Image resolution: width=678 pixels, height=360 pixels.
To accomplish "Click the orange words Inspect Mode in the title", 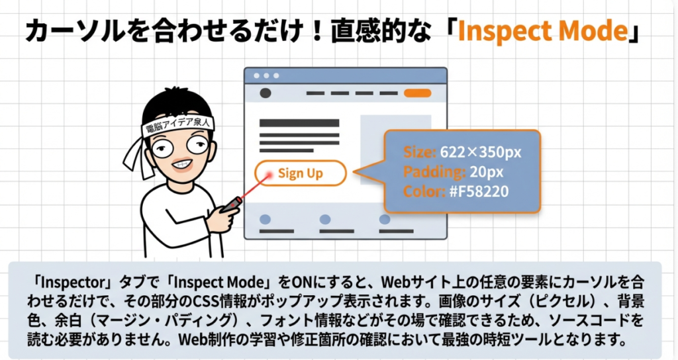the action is coord(542,31).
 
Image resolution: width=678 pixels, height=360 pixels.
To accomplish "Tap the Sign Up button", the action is coord(301,173).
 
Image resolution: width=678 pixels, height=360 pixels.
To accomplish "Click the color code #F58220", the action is coord(479,191).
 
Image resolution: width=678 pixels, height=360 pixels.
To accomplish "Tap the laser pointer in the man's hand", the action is coord(232,204).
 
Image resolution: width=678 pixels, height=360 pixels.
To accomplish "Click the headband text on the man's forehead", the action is coord(178,125).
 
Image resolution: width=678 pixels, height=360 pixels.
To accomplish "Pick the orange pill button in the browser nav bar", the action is coord(417,93).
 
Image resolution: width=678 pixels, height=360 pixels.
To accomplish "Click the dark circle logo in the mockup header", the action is coord(265,93).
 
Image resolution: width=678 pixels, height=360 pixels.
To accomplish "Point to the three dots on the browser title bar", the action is coord(266,75).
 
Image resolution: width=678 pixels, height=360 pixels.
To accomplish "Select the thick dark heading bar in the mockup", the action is coord(299,123).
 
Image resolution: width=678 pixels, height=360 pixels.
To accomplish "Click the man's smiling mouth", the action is coord(181,165).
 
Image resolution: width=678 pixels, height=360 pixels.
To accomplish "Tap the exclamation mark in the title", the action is coord(317,32).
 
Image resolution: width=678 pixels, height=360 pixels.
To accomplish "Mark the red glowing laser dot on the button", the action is coord(269,175).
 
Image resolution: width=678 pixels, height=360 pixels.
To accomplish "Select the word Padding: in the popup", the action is coord(434,172).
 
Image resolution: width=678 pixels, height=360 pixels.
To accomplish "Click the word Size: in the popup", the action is coord(419,152).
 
